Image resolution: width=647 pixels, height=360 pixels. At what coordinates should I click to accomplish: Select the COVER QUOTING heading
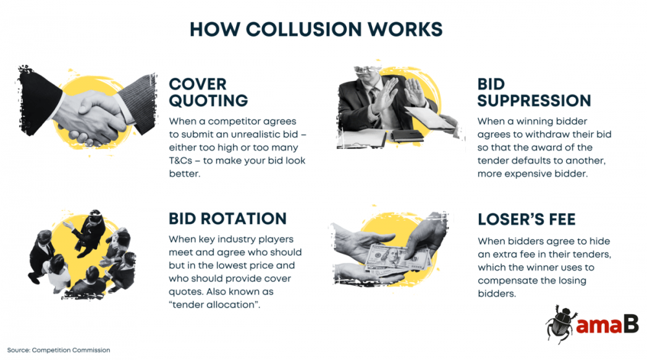[x=208, y=93]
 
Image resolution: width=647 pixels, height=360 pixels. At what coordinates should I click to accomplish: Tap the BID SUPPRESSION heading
[x=534, y=93]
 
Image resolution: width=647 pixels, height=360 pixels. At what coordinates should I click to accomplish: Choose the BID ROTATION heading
[x=227, y=218]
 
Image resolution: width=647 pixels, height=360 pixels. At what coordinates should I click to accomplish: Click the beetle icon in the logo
[x=560, y=322]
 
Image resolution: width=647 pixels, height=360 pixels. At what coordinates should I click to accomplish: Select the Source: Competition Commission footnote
[x=59, y=350]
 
